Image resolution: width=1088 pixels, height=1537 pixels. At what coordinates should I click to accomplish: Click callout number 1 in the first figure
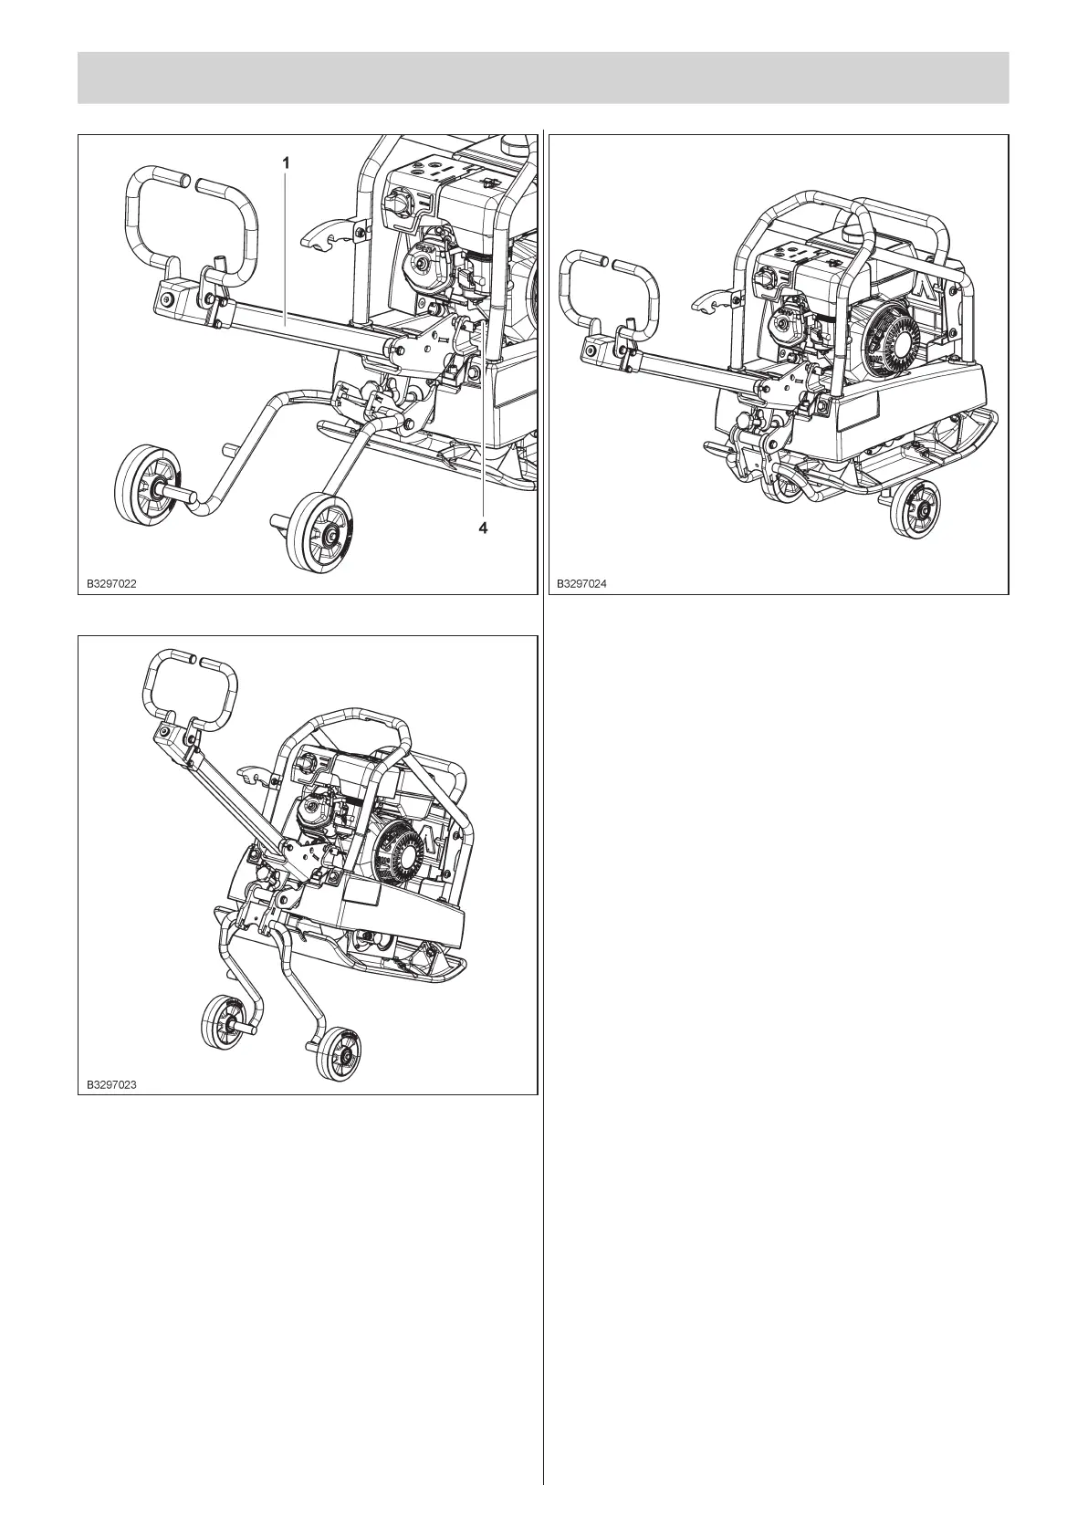286,162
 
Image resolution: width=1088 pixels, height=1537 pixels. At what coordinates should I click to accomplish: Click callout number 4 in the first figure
485,528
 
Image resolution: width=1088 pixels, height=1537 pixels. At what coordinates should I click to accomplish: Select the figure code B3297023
112,1084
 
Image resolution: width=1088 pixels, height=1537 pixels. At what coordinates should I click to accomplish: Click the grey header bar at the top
543,78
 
